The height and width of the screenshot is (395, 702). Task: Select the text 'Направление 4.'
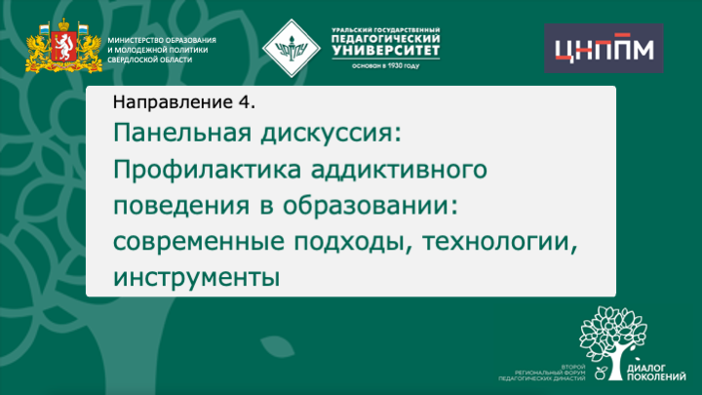[x=183, y=100]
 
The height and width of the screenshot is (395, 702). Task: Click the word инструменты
[x=196, y=276]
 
